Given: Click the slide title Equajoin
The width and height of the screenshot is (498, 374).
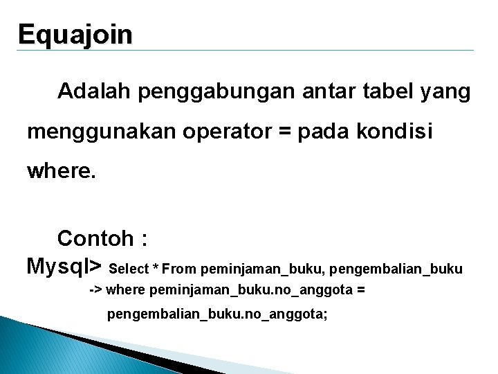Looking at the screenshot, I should pos(75,35).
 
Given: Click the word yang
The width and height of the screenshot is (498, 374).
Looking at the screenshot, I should pos(445,91).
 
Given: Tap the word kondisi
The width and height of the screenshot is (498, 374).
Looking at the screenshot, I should pos(396,132).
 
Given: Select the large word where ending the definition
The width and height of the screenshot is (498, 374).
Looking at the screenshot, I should pos(62,170).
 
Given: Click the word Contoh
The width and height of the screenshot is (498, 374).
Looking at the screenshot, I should pos(95,239).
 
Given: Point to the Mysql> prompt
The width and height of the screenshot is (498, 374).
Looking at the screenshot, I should pos(64,265).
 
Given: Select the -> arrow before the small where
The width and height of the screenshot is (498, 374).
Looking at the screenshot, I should pos(96,290).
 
